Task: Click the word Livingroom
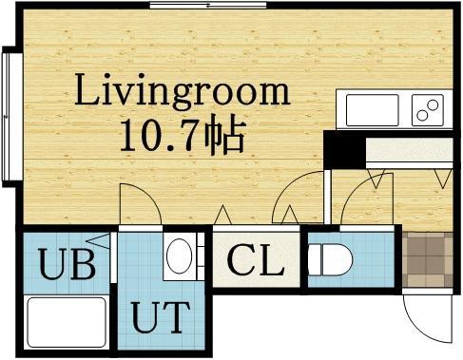point(182,93)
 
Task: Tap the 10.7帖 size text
point(182,135)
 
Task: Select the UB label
point(67,264)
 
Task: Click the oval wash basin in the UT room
point(178,256)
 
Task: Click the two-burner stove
point(427,110)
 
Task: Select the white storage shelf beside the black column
point(410,151)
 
